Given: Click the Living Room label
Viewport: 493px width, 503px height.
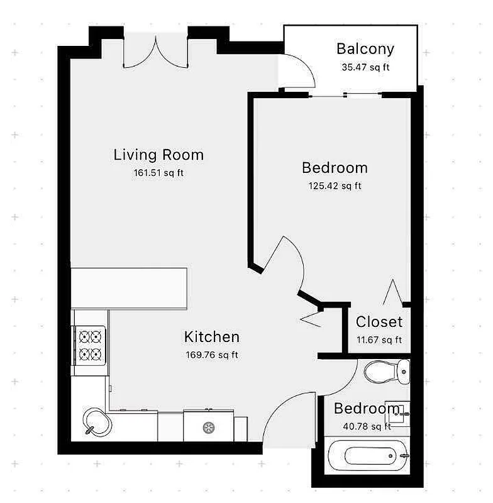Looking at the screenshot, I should point(158,155).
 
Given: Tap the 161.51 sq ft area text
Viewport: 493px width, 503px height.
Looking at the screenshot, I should point(158,173).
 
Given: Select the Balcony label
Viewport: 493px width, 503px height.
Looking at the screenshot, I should point(365,49).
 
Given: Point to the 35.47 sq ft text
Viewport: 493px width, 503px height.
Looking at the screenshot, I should point(365,67).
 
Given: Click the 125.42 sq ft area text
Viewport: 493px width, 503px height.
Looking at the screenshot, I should point(335,185).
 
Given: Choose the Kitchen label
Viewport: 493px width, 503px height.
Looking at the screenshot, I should point(211,337).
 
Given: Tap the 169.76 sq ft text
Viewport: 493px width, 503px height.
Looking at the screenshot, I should point(211,355).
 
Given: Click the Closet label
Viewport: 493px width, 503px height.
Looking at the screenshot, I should point(379,323).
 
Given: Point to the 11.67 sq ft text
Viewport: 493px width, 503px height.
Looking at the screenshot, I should point(379,340).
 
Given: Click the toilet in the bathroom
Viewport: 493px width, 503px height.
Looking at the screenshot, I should point(384,372).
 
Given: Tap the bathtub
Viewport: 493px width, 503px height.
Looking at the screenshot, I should point(369,455).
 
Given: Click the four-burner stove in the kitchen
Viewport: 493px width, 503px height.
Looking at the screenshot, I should point(89,345).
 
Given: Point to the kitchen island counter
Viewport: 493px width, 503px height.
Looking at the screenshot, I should point(130,288).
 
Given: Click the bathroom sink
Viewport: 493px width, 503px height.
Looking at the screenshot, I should point(397,412).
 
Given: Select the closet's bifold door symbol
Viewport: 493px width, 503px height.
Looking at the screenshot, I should point(394,293).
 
